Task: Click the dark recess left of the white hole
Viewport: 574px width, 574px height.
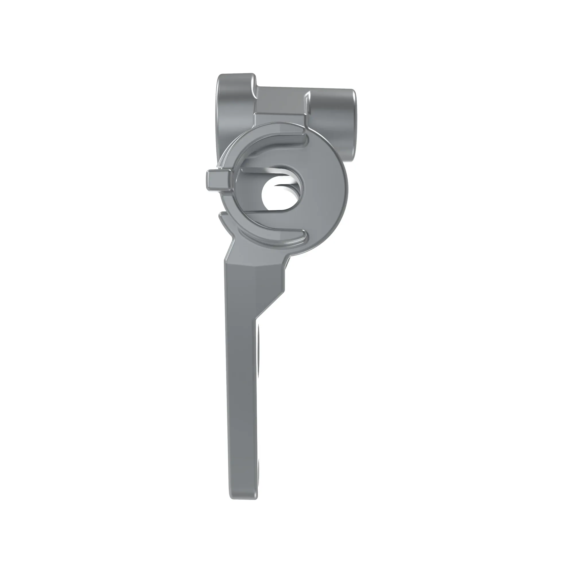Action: pyautogui.click(x=253, y=190)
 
